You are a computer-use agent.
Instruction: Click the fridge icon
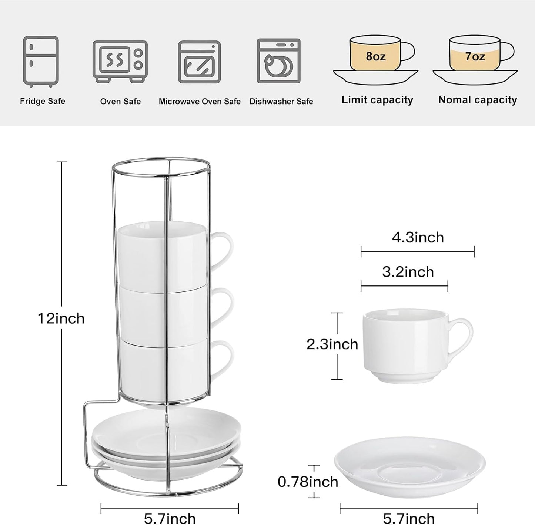pyautogui.click(x=41, y=61)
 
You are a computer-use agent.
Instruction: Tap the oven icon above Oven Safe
pyautogui.click(x=120, y=61)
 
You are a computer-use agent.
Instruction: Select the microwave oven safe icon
pyautogui.click(x=199, y=62)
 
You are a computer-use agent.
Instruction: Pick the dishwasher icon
pyautogui.click(x=278, y=61)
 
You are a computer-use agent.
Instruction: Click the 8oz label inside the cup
pyautogui.click(x=375, y=56)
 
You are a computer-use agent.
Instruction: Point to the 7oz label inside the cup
pyautogui.click(x=475, y=56)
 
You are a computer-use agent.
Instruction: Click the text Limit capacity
pyautogui.click(x=377, y=100)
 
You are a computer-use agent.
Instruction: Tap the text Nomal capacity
pyautogui.click(x=478, y=100)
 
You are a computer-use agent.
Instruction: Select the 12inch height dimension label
pyautogui.click(x=61, y=318)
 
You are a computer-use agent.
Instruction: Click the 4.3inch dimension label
pyautogui.click(x=418, y=237)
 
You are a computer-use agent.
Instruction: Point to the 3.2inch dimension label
pyautogui.click(x=408, y=272)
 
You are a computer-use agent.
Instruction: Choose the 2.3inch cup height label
pyautogui.click(x=332, y=344)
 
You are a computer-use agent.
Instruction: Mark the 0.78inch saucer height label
pyautogui.click(x=308, y=482)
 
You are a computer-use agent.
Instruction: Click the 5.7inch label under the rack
pyautogui.click(x=170, y=518)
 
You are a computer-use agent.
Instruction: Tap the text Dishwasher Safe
pyautogui.click(x=281, y=102)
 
